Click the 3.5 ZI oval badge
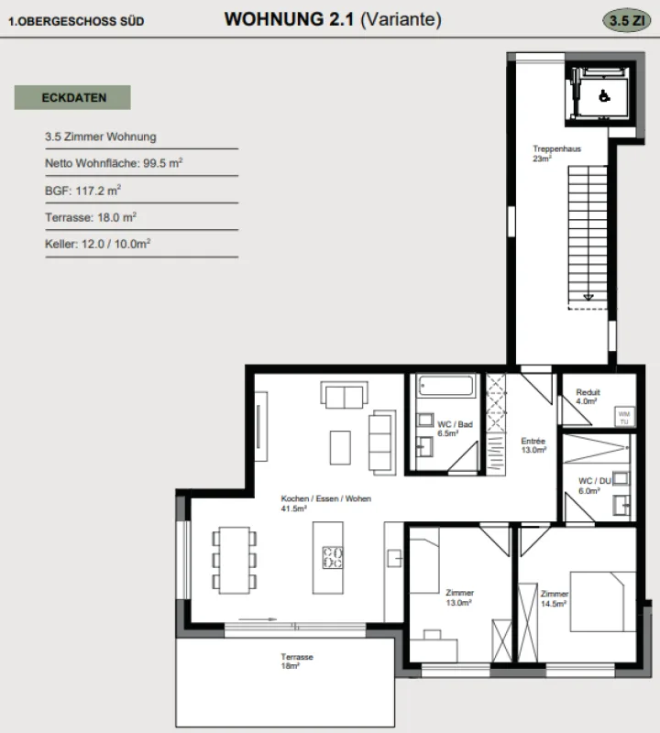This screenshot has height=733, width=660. pos(626,20)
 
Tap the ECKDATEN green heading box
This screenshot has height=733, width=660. pos(72,98)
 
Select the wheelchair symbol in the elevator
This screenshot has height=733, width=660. pos(604,96)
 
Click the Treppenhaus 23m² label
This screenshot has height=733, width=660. pos(556,153)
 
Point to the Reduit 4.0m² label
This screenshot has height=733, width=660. pos(588,397)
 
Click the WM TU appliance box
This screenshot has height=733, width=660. pos(624,417)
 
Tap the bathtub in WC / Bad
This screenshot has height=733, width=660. pos(445,386)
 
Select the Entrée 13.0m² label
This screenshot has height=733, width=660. pos(533,445)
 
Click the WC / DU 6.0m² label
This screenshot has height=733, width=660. pos(595,486)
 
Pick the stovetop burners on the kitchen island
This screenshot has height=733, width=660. pos(333,557)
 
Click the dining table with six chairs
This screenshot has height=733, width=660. pos(235,560)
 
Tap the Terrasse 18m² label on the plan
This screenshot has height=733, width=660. pos(297,661)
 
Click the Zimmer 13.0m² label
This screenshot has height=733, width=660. pos(459,597)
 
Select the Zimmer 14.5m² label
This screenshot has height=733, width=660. pos(555,598)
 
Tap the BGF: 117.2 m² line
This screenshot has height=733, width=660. pos(82,191)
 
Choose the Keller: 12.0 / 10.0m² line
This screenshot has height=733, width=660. pos(98,244)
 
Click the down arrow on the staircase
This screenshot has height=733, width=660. pos(588,296)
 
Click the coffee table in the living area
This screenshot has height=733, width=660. pos(340,447)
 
